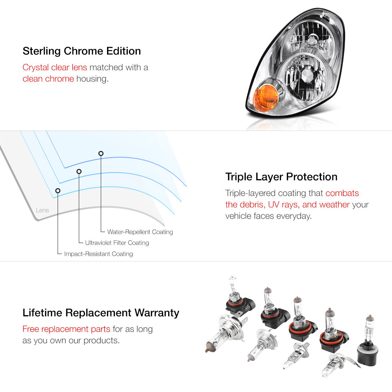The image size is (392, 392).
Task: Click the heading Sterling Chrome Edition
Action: click(82, 51)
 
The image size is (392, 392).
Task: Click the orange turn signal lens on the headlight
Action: click(265, 97)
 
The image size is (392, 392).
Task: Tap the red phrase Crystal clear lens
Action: click(55, 67)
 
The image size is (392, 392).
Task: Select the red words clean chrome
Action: click(48, 79)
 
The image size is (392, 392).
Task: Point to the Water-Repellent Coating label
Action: click(140, 232)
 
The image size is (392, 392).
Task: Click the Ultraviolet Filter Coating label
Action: click(117, 243)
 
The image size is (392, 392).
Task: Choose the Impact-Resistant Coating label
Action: click(98, 254)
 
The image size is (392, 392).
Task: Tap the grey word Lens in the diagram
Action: click(42, 210)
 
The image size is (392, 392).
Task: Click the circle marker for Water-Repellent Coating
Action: click(101, 154)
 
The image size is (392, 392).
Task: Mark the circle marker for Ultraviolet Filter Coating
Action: click(79, 172)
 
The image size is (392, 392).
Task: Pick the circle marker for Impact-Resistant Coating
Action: click(58, 191)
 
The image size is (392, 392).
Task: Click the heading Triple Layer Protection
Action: click(281, 177)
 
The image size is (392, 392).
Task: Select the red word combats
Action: click(342, 193)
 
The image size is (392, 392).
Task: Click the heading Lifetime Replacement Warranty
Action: click(101, 313)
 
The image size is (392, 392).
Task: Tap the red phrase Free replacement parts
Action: click(66, 329)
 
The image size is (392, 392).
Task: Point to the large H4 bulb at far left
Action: click(225, 332)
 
